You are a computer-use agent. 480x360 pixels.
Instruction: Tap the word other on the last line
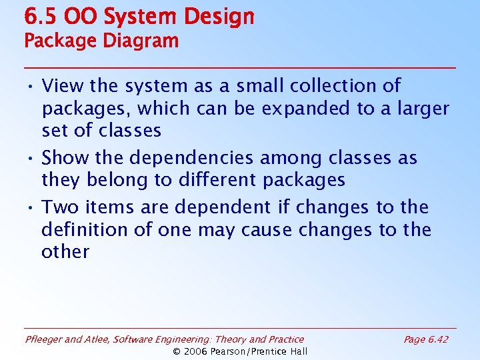tap(65, 252)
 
